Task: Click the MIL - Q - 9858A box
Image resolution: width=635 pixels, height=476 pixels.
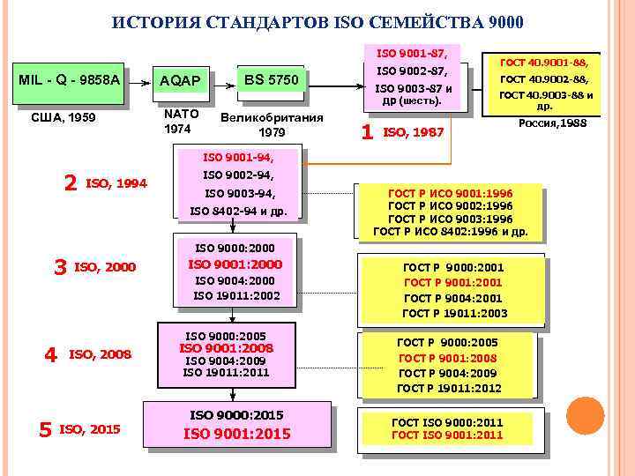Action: click(x=70, y=80)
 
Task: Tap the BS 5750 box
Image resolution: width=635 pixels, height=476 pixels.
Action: click(x=272, y=80)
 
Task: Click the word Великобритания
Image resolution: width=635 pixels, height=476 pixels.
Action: click(x=272, y=117)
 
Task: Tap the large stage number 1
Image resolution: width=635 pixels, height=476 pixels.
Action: click(x=368, y=132)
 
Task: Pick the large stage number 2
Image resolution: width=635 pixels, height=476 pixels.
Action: click(x=71, y=182)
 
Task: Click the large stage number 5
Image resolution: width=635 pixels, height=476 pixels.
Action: click(x=45, y=429)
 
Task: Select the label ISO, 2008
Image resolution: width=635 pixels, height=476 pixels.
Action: click(x=100, y=354)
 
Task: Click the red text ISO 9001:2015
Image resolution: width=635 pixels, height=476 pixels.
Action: click(x=237, y=434)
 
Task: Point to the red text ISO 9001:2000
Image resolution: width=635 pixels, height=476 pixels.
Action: click(x=235, y=264)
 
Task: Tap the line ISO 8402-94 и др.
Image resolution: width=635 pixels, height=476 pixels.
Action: click(x=238, y=211)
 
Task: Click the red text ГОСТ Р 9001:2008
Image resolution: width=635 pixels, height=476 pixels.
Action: click(x=448, y=358)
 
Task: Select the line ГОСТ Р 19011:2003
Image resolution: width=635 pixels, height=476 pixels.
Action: click(x=454, y=313)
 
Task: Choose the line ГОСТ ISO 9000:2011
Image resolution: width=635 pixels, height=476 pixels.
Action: click(x=447, y=422)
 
